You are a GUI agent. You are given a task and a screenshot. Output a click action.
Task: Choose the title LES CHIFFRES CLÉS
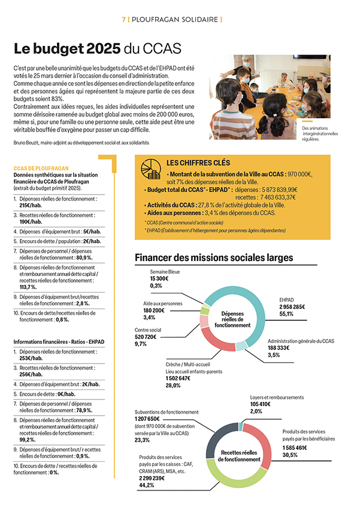[198, 163]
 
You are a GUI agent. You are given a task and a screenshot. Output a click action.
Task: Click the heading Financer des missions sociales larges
[214, 257]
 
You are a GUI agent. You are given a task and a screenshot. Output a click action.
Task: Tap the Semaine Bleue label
[165, 271]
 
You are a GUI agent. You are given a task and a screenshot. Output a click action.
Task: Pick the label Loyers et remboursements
[277, 398]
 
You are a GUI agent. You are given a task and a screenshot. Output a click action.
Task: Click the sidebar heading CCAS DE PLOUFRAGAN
[41, 169]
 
